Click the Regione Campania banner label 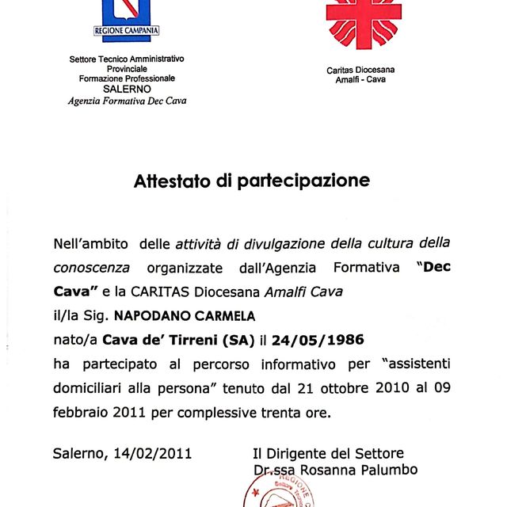tap(127, 30)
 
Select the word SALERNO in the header tap(127, 89)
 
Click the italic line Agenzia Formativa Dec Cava tap(127, 101)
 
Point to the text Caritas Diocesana tap(360, 70)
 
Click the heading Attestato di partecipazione tap(252, 181)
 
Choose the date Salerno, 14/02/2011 tap(122, 454)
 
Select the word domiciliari tap(93, 389)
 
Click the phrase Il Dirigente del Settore tap(328, 454)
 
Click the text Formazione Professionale tap(127, 78)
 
